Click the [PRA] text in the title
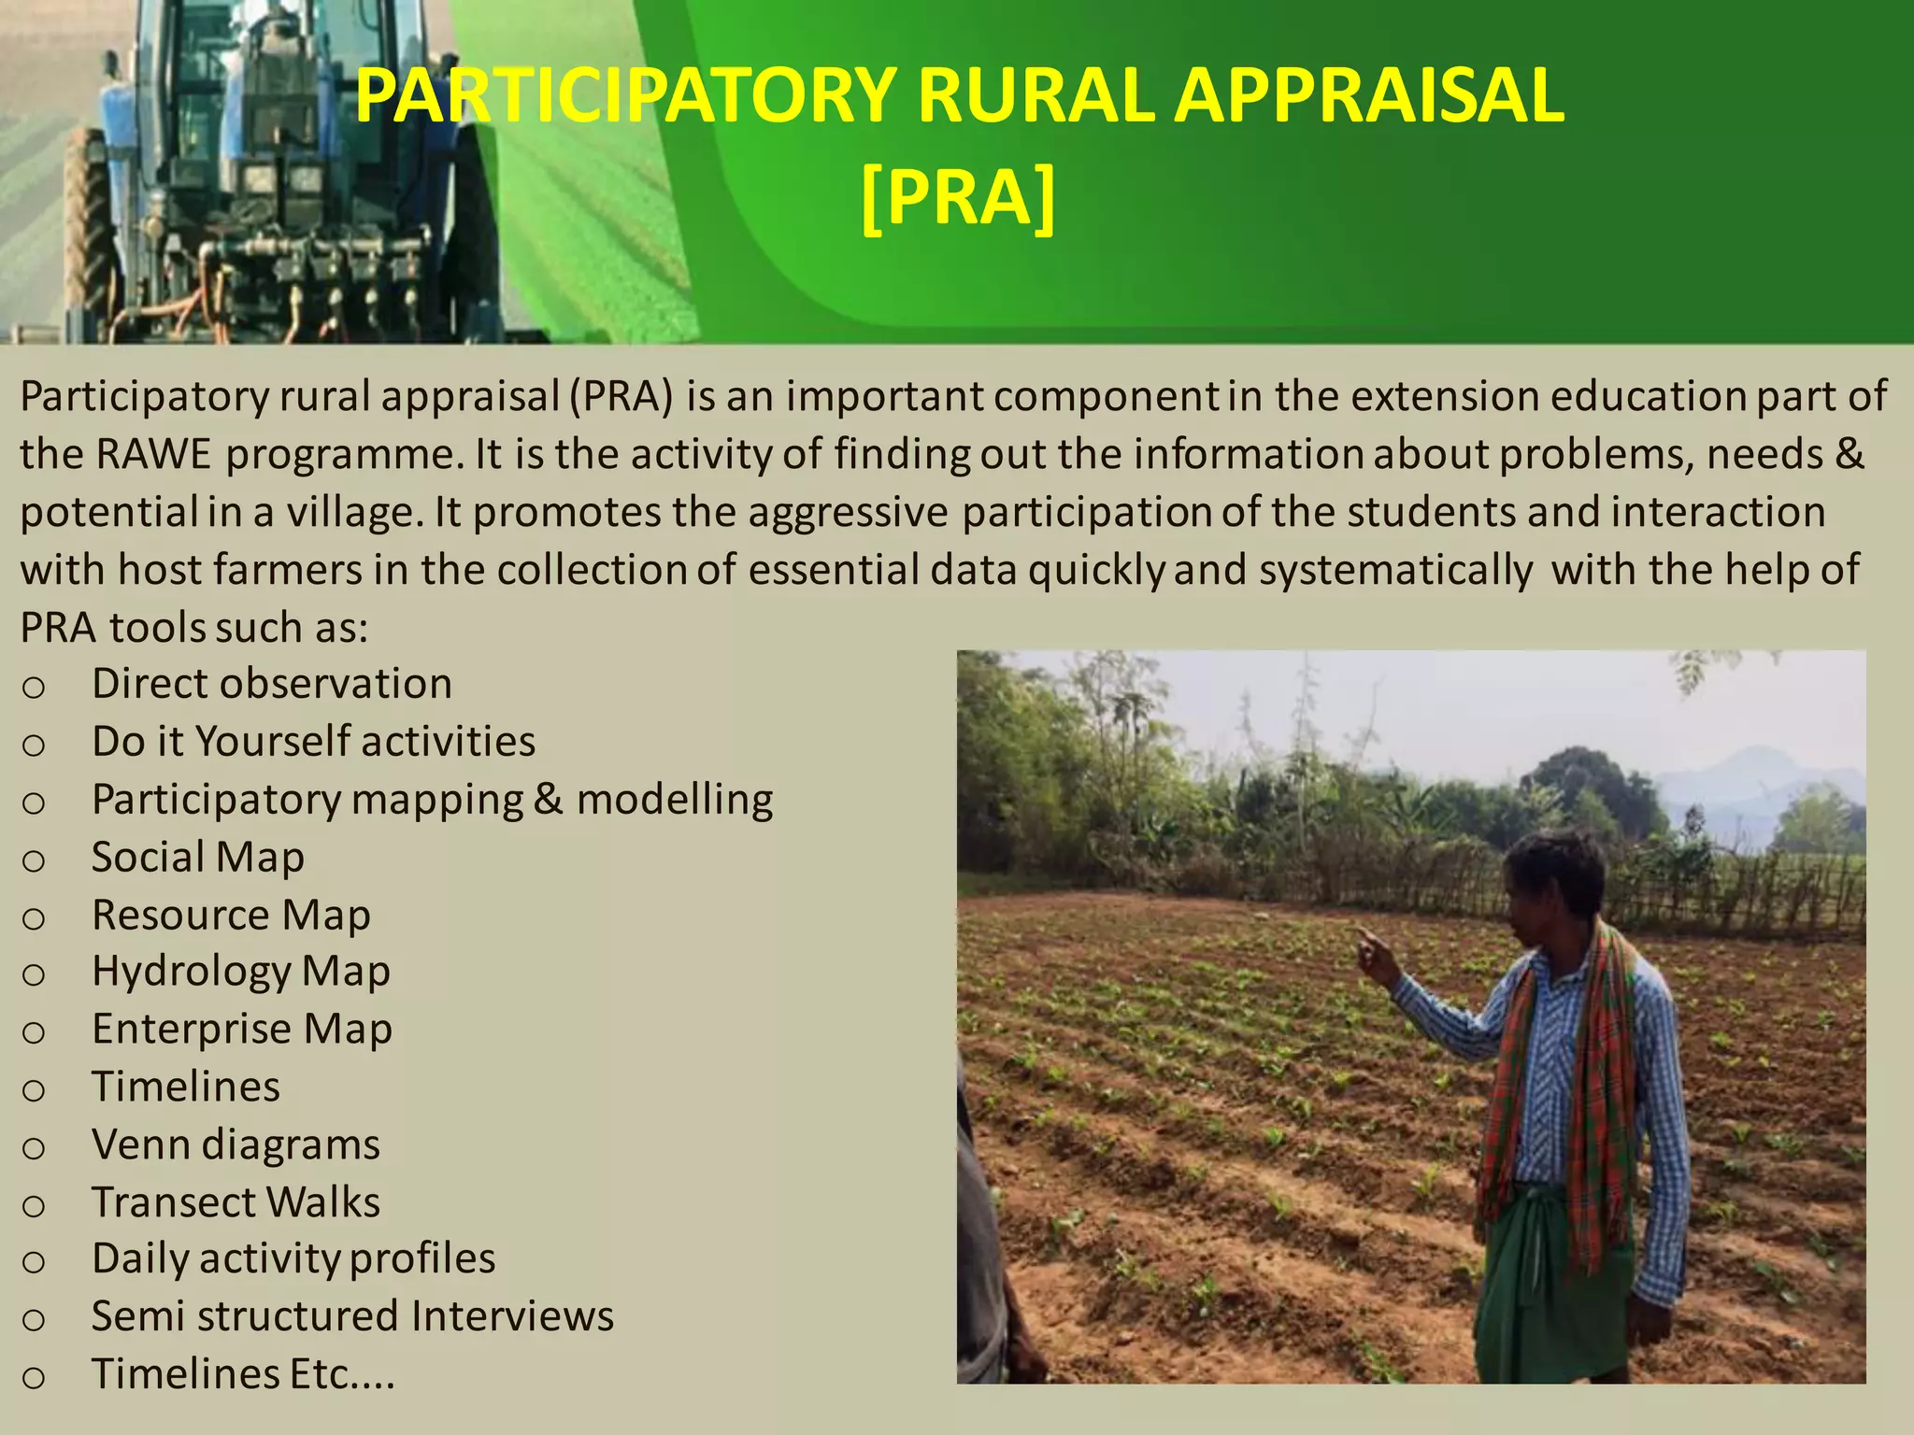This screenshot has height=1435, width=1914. click(958, 196)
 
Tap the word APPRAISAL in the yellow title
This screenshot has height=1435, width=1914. click(1369, 95)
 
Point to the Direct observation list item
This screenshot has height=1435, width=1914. click(271, 684)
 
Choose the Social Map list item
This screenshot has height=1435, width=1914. click(197, 858)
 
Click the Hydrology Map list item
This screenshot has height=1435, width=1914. click(240, 972)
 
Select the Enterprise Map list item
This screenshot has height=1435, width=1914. click(241, 1030)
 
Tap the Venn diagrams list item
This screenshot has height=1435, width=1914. click(236, 1145)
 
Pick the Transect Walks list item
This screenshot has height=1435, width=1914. click(236, 1202)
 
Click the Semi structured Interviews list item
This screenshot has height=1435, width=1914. click(352, 1316)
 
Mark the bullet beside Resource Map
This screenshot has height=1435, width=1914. click(34, 918)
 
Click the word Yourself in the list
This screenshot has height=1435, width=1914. click(271, 742)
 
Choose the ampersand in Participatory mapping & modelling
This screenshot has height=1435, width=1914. click(549, 800)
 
